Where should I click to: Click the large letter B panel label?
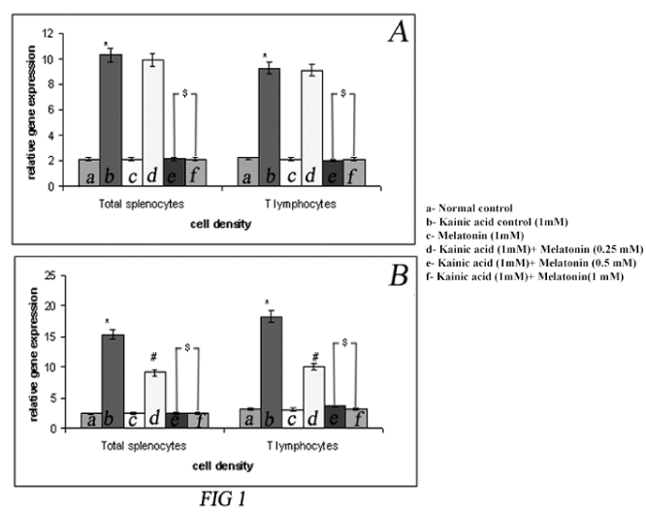(398, 276)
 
